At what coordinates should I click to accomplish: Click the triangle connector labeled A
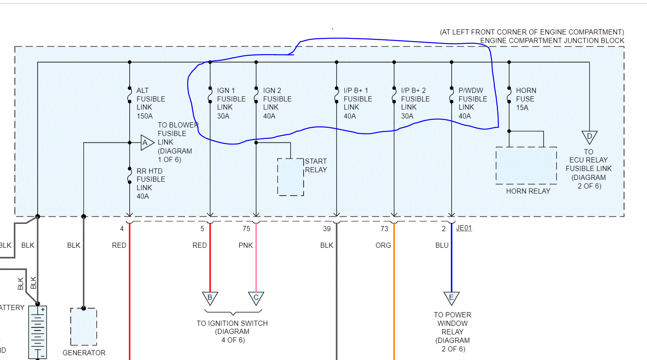pyautogui.click(x=146, y=143)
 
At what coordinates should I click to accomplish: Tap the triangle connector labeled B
pyautogui.click(x=210, y=298)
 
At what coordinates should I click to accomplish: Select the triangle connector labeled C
pyautogui.click(x=256, y=298)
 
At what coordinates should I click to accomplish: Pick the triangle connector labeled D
pyautogui.click(x=589, y=137)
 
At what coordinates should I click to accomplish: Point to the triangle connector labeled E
pyautogui.click(x=451, y=298)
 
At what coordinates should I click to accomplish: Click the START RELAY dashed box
pyautogui.click(x=290, y=177)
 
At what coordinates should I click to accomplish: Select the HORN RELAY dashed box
pyautogui.click(x=526, y=165)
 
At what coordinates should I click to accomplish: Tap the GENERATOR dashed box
pyautogui.click(x=84, y=327)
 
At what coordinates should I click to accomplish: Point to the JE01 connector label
pyautogui.click(x=464, y=228)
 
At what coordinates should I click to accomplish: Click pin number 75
pyautogui.click(x=247, y=229)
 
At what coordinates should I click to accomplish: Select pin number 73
pyautogui.click(x=384, y=229)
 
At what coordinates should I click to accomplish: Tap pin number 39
pyautogui.click(x=327, y=229)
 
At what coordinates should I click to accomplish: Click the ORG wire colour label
pyautogui.click(x=383, y=246)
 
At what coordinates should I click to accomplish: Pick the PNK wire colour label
pyautogui.click(x=246, y=246)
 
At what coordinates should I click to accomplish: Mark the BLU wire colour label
pyautogui.click(x=442, y=246)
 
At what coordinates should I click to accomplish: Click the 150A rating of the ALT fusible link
pyautogui.click(x=145, y=116)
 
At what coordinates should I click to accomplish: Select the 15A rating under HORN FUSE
pyautogui.click(x=522, y=107)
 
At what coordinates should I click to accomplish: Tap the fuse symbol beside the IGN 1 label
pyautogui.click(x=210, y=95)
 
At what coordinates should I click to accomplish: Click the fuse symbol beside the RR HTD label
pyautogui.click(x=130, y=175)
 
